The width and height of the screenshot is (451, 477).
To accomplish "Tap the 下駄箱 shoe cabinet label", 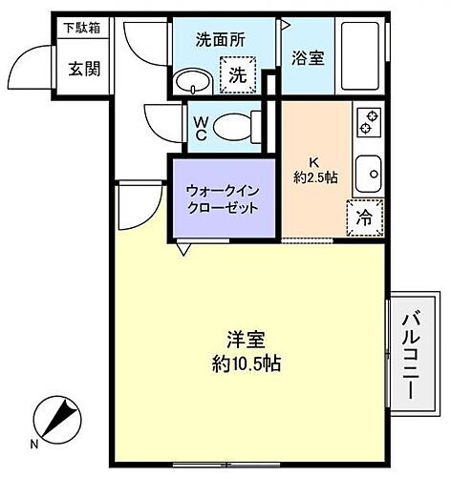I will (83, 28).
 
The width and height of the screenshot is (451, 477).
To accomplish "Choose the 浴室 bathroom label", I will (309, 58).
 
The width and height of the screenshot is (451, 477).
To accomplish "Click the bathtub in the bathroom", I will (362, 56).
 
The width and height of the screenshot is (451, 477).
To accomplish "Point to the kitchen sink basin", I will (369, 174).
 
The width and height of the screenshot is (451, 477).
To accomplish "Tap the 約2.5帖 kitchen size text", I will (315, 176).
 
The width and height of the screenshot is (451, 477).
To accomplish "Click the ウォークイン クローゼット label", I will (222, 198).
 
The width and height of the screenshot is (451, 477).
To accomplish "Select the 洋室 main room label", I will (246, 339).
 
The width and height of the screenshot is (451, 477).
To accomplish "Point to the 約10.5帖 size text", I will (247, 363).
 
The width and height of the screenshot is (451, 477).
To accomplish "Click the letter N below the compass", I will (34, 445).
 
